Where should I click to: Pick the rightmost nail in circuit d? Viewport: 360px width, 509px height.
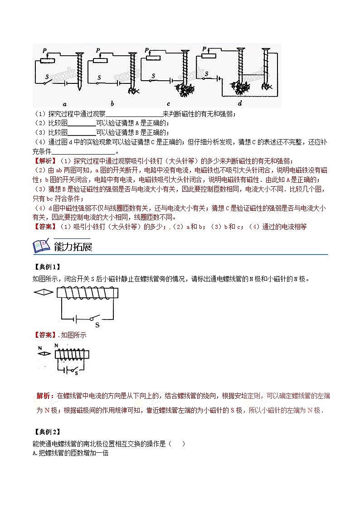(x=266, y=68)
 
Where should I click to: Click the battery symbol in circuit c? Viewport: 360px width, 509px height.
(x=172, y=80)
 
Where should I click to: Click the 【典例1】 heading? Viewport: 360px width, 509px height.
(x=46, y=267)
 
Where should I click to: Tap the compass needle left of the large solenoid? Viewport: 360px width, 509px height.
(x=44, y=292)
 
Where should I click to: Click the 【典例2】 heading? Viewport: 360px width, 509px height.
(x=46, y=432)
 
